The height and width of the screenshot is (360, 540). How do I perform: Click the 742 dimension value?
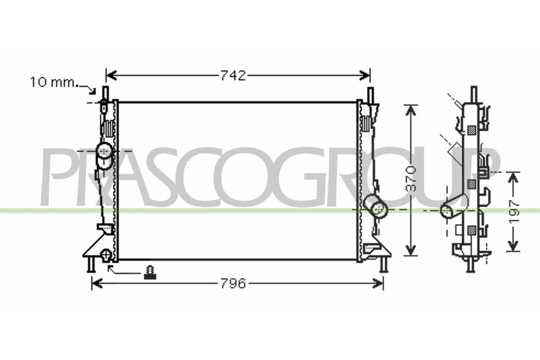point(233,76)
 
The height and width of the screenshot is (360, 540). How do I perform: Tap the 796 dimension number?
point(233,284)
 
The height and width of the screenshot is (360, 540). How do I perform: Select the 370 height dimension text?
point(411,179)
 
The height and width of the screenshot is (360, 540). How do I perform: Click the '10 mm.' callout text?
point(53,82)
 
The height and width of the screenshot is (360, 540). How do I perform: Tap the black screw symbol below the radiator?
point(150,273)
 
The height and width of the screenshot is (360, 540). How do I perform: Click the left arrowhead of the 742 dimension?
point(111,76)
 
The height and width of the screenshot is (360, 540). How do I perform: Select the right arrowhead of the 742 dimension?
point(364,76)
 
